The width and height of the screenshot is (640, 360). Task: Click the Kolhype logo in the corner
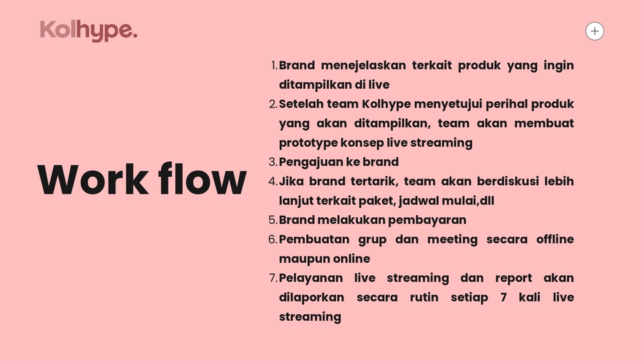click(x=89, y=31)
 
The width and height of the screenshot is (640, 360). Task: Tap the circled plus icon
click(x=595, y=31)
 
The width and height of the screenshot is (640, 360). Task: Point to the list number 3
click(x=272, y=162)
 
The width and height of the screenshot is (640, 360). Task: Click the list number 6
click(x=272, y=239)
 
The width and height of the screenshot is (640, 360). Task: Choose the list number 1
click(x=274, y=65)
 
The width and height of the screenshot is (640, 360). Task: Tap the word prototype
click(x=308, y=143)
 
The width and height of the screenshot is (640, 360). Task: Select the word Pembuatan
click(x=310, y=239)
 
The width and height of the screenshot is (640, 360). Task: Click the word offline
click(x=555, y=239)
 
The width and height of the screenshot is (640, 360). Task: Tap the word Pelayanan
click(x=310, y=278)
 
